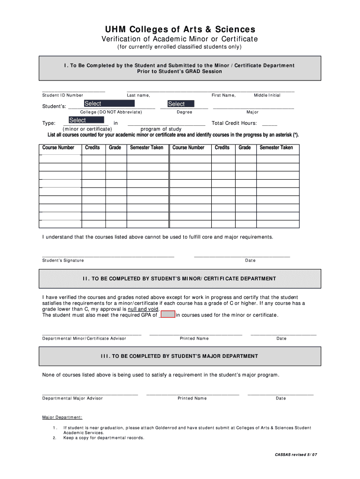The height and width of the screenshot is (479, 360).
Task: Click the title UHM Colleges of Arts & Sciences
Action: click(180, 29)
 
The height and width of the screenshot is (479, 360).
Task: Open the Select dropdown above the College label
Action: click(109, 103)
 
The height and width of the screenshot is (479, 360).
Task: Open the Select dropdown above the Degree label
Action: click(180, 104)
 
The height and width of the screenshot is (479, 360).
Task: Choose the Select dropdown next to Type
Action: click(86, 120)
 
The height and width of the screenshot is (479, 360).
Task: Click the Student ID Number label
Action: click(63, 95)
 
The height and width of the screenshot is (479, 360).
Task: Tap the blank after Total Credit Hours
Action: click(270, 124)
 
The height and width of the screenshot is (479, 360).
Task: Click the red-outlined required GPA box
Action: click(168, 314)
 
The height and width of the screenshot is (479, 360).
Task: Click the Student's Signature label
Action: click(63, 261)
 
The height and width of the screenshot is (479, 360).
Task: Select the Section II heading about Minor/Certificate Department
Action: click(180, 279)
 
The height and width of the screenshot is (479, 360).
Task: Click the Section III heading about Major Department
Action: click(180, 356)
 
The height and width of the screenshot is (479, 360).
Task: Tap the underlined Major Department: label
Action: click(63, 417)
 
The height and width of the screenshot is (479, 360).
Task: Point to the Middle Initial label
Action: click(267, 95)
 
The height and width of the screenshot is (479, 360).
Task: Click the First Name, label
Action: click(223, 95)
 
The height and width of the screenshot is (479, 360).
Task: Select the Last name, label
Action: click(138, 95)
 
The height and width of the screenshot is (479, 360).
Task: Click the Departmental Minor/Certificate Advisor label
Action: click(84, 339)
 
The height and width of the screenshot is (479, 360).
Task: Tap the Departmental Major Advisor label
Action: click(72, 399)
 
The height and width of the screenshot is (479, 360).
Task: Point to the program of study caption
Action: click(161, 129)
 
